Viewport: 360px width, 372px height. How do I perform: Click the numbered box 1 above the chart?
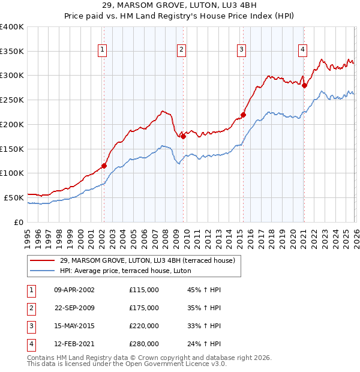pos(103,50)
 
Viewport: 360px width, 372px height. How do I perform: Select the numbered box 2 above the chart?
pos(181,50)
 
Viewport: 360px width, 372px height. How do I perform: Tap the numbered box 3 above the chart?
pos(241,50)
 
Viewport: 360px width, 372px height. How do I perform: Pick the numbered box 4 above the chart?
pos(303,50)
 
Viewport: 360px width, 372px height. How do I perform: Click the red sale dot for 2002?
pos(104,166)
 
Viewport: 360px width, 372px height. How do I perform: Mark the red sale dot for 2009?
pos(183,136)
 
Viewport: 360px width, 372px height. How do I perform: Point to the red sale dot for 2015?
pos(243,115)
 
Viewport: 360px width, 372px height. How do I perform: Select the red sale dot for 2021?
pos(304,85)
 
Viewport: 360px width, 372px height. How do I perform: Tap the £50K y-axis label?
pos(14,197)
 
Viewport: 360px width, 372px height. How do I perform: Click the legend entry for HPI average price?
pos(125,271)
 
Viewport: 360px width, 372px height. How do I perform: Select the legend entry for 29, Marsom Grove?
pos(151,260)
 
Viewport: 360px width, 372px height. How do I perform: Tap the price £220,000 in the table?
pos(143,326)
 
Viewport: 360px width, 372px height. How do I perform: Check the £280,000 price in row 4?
pos(143,344)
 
